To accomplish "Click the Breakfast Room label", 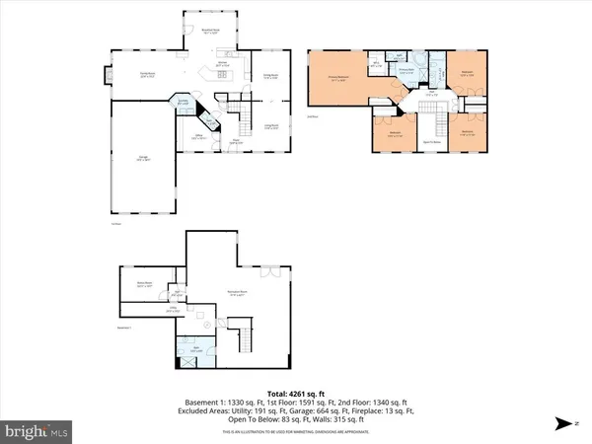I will click(209, 32).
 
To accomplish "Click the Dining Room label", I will click(268, 76).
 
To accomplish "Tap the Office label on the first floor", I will click(197, 137).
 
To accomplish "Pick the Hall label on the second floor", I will click(431, 95).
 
